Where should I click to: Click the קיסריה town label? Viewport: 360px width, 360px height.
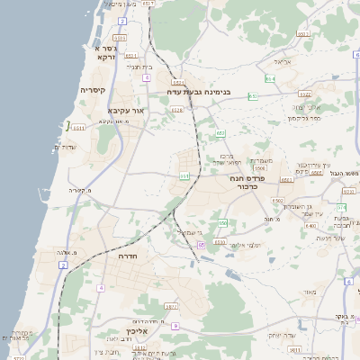coord(94,90)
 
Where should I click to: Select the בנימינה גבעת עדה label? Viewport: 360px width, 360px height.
coord(198,91)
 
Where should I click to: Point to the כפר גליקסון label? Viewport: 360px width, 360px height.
coord(304,118)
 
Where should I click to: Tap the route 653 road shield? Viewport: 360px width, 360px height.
coord(220,133)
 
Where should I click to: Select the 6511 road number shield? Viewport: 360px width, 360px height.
coord(130,56)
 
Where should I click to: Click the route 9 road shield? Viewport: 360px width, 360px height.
coord(175,326)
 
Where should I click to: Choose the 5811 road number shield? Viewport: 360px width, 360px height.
coord(294,348)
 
